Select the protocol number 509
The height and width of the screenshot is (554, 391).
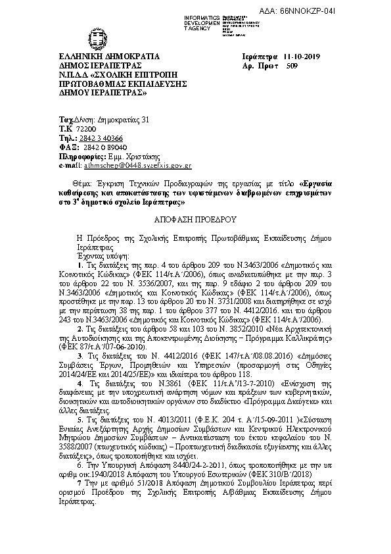pos(283,66)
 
